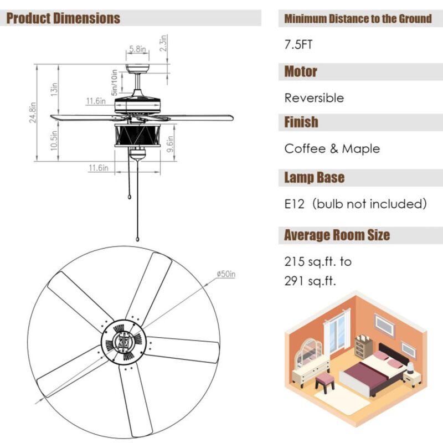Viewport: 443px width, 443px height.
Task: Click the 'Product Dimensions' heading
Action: click(x=63, y=18)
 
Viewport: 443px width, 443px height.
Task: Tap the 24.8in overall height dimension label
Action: click(x=33, y=113)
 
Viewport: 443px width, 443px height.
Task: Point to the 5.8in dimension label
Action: click(x=137, y=49)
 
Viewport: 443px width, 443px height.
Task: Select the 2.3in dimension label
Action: click(x=164, y=44)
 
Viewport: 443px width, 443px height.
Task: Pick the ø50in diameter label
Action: click(x=226, y=274)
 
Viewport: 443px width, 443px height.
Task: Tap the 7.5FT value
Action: click(x=298, y=45)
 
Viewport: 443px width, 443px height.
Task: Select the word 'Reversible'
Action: click(x=314, y=98)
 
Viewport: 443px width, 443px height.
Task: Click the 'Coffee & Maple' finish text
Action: click(x=332, y=148)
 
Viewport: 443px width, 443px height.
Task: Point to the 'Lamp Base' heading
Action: click(x=314, y=178)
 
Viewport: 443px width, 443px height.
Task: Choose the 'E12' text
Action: click(x=295, y=204)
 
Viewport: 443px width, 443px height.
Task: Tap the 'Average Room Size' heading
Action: click(x=337, y=235)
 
